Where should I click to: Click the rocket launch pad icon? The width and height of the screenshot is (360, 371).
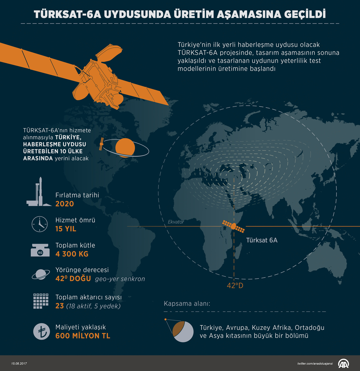[x=39, y=192]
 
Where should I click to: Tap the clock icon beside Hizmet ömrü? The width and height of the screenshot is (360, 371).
[x=40, y=224]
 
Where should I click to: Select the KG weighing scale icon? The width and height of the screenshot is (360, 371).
[x=40, y=250]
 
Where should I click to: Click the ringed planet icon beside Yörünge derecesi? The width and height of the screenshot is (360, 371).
[x=40, y=274]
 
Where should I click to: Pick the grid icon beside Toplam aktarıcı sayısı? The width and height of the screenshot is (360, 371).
[x=41, y=301]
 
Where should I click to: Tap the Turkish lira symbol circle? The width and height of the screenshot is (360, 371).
[x=42, y=331]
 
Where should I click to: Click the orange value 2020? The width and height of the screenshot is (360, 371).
[x=65, y=204]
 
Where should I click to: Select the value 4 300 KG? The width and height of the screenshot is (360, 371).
[x=72, y=254]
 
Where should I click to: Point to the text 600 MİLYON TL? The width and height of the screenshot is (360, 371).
[x=83, y=336]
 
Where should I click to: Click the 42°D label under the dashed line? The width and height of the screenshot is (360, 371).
[x=235, y=286]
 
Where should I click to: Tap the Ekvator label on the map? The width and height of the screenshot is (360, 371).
[x=176, y=222]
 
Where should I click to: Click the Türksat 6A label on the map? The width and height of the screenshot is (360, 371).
[x=262, y=240]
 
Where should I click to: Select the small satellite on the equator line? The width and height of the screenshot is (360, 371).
[x=234, y=226]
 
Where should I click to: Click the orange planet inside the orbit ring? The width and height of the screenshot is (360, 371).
[x=125, y=147]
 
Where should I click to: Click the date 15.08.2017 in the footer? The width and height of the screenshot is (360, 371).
[x=19, y=363]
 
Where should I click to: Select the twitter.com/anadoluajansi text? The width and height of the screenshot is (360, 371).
[x=315, y=363]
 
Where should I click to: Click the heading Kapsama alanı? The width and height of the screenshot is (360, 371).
[x=187, y=304]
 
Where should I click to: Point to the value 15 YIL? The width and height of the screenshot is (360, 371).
[x=66, y=229]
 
